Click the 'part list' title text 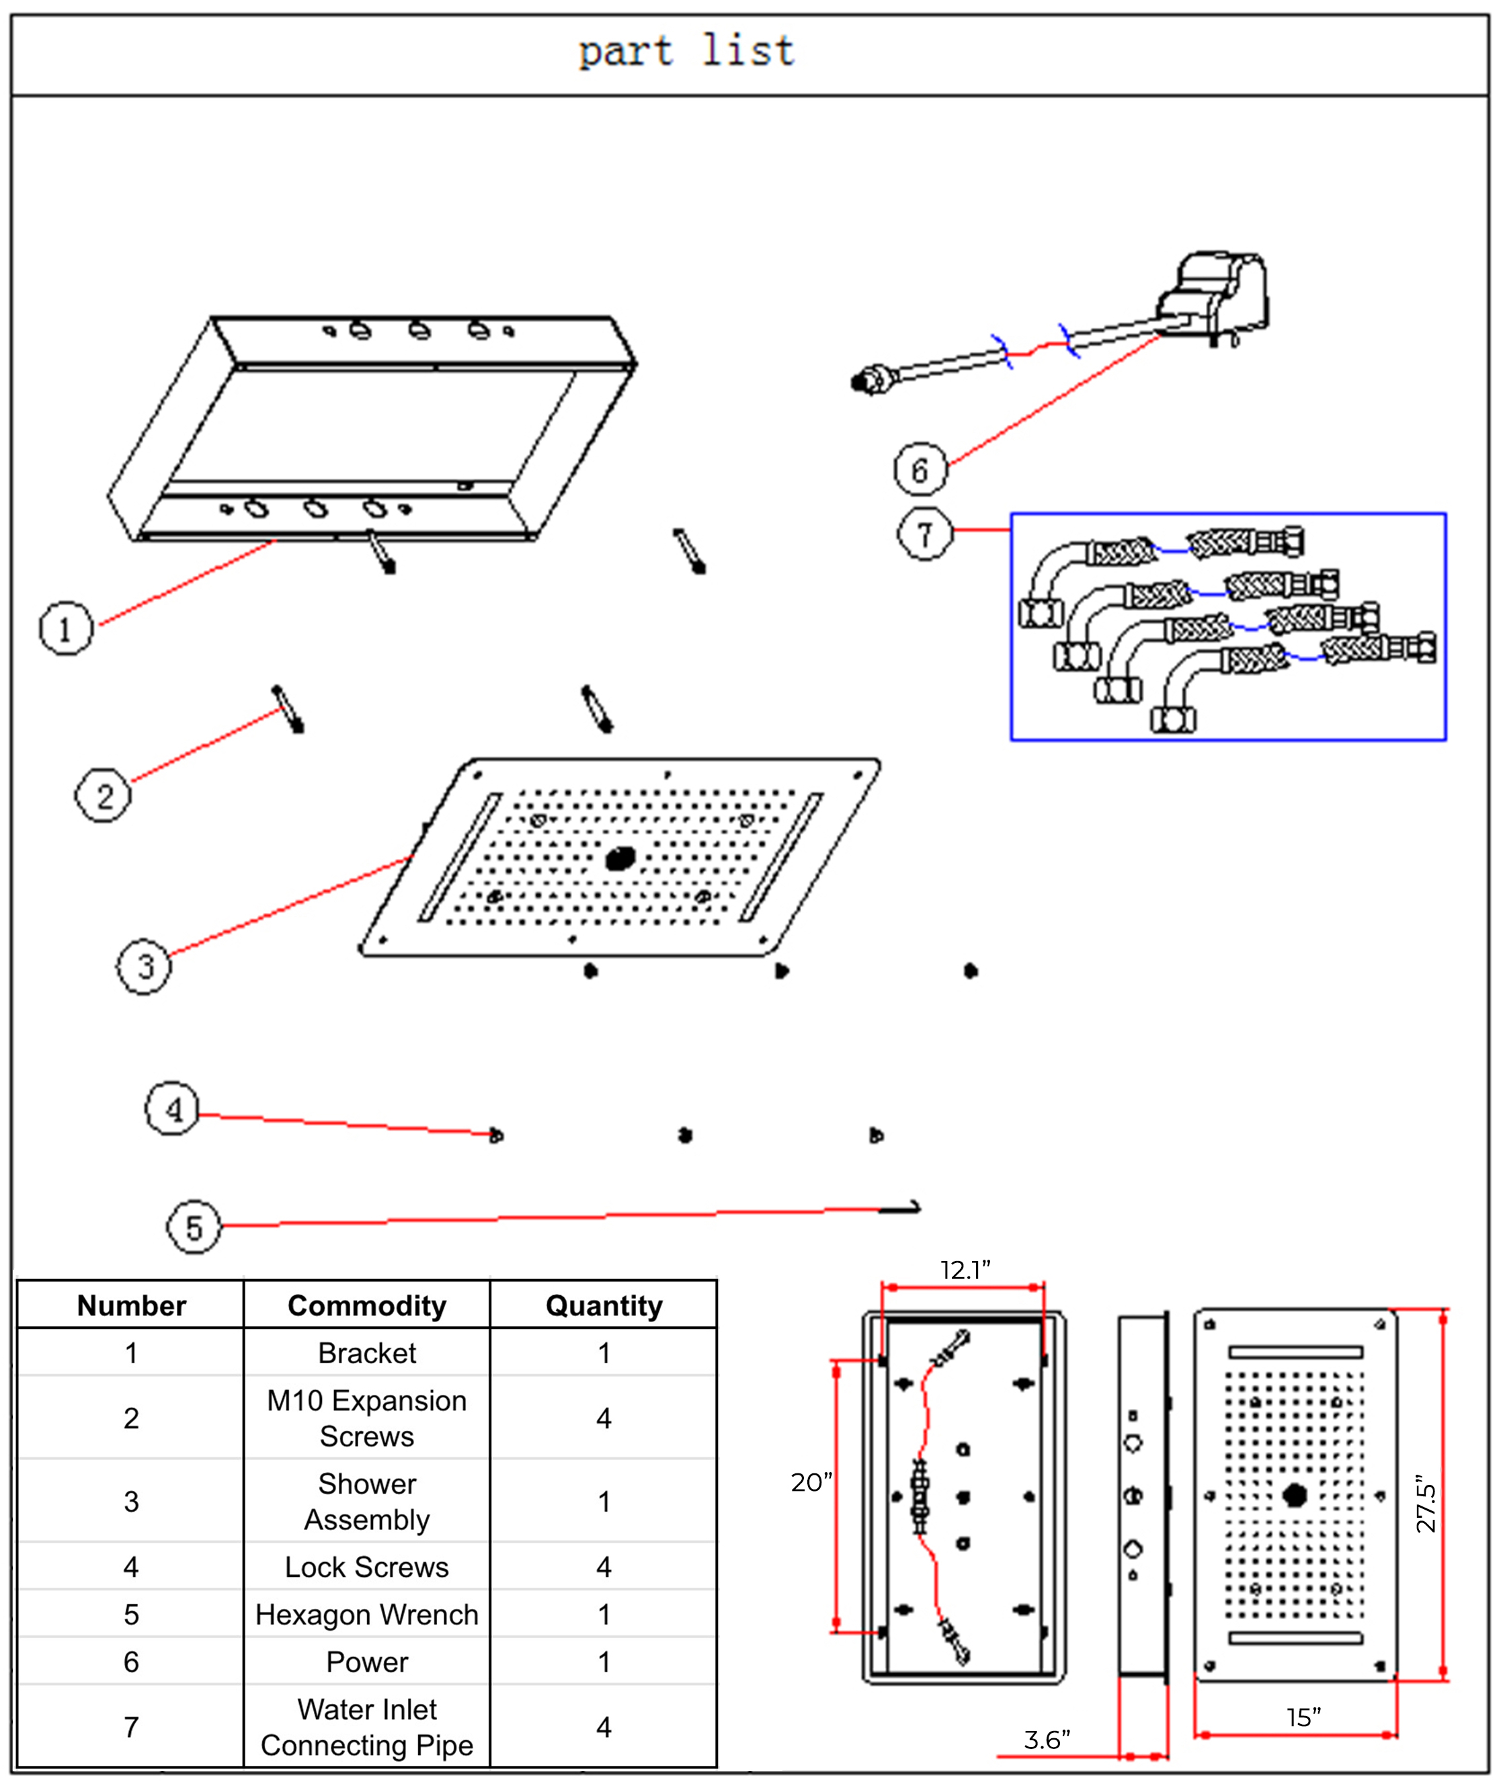click(x=687, y=51)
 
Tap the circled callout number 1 click(x=66, y=629)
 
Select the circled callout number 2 click(x=103, y=795)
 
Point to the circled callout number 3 click(x=144, y=967)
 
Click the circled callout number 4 click(x=173, y=1109)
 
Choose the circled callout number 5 click(x=194, y=1227)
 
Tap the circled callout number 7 click(x=925, y=534)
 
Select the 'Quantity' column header click(x=604, y=1306)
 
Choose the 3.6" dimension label click(x=1047, y=1740)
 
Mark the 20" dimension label click(x=811, y=1482)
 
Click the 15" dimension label click(x=1304, y=1717)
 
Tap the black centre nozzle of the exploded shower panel click(x=620, y=858)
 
